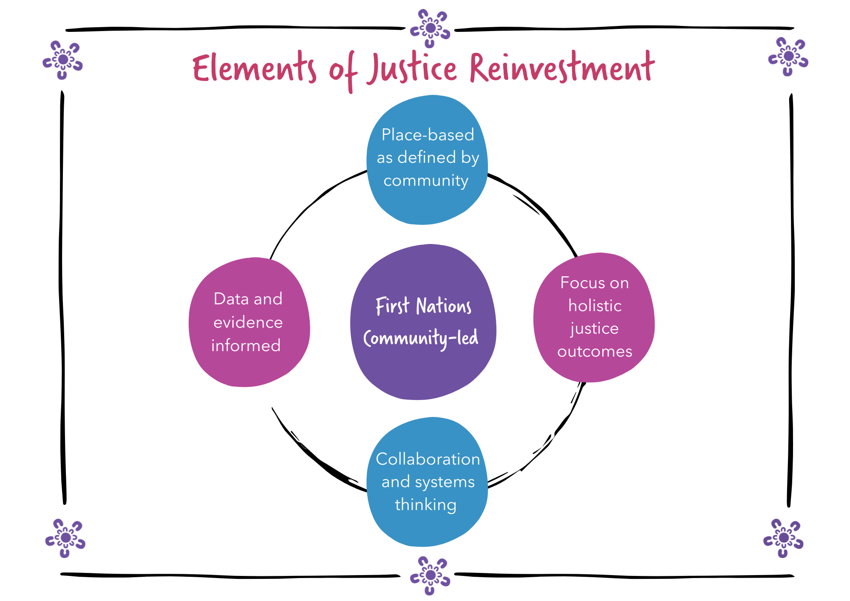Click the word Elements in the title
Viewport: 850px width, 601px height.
[x=254, y=69]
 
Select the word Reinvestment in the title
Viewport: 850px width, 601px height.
[x=562, y=68]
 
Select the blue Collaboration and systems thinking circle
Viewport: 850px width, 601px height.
[x=427, y=527]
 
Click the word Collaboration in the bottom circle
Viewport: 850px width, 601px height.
[x=428, y=459]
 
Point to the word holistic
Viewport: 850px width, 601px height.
[x=595, y=306]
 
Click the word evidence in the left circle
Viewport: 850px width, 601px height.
[x=248, y=322]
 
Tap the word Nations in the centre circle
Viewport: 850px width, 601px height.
[x=444, y=306]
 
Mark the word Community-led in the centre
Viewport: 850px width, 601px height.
[x=421, y=338]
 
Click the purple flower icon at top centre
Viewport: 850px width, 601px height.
[x=430, y=28]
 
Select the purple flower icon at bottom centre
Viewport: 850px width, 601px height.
[x=430, y=575]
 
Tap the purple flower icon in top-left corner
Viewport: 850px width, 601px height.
[x=63, y=60]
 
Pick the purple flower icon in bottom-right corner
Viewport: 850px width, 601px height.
[x=783, y=538]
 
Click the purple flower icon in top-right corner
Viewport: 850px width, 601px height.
[x=788, y=57]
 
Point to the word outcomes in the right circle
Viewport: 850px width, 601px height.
[x=595, y=352]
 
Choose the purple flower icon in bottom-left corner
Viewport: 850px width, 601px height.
[x=65, y=538]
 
